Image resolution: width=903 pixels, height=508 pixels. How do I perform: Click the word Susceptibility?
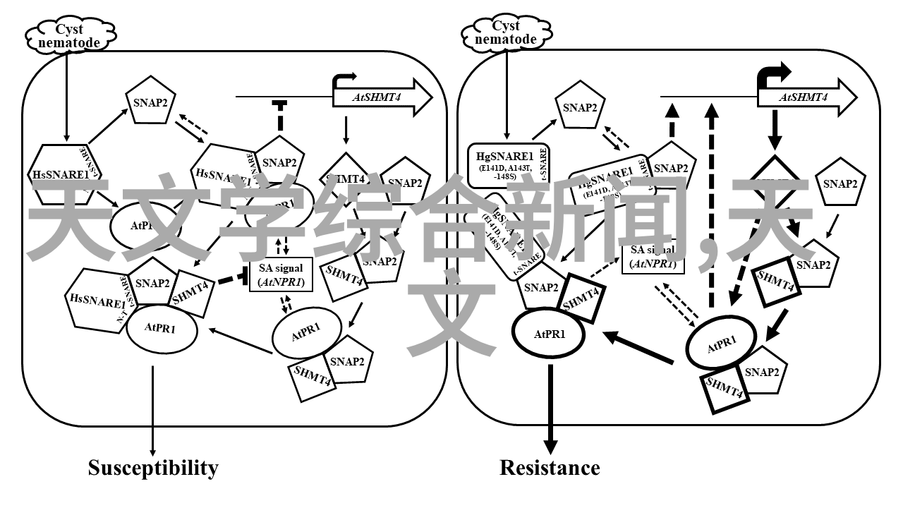click(153, 468)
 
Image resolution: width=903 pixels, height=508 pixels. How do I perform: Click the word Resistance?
click(550, 468)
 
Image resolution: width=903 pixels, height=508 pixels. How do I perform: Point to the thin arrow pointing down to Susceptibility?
click(153, 409)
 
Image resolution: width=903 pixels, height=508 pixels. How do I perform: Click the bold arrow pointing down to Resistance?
click(550, 409)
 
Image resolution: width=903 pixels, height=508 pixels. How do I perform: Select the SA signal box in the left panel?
click(281, 274)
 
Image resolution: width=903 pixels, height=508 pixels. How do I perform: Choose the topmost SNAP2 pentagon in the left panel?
click(150, 102)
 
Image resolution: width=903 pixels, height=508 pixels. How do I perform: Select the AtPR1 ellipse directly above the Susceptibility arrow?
click(161, 327)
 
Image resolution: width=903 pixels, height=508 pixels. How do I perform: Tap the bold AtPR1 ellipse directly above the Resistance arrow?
click(549, 334)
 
